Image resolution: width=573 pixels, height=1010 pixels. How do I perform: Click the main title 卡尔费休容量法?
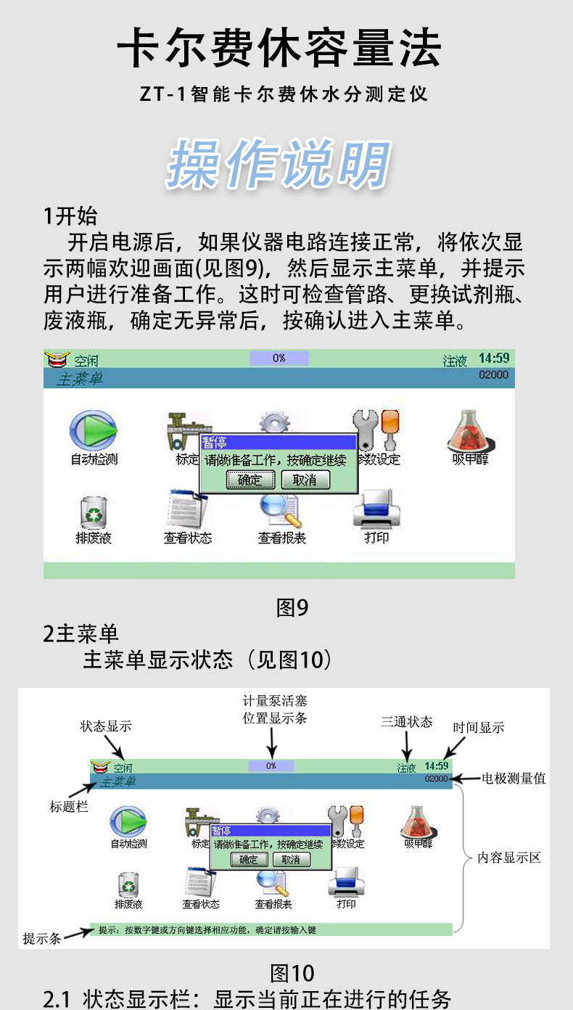279,49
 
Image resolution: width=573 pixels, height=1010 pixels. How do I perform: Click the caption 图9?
292,607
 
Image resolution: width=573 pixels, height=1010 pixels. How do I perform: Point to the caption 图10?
292,972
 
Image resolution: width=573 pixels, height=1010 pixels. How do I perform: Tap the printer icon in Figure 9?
376,510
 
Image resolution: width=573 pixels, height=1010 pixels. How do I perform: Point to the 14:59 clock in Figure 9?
494,358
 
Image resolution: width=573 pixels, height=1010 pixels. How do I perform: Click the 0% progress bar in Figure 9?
279,358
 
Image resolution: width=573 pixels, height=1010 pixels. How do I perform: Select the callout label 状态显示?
106,726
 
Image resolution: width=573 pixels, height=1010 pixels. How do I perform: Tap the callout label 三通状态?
407,722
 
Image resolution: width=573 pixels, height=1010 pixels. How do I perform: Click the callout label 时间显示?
479,728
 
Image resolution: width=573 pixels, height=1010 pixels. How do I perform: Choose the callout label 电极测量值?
514,779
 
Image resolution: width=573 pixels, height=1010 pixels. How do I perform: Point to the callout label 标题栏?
69,806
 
